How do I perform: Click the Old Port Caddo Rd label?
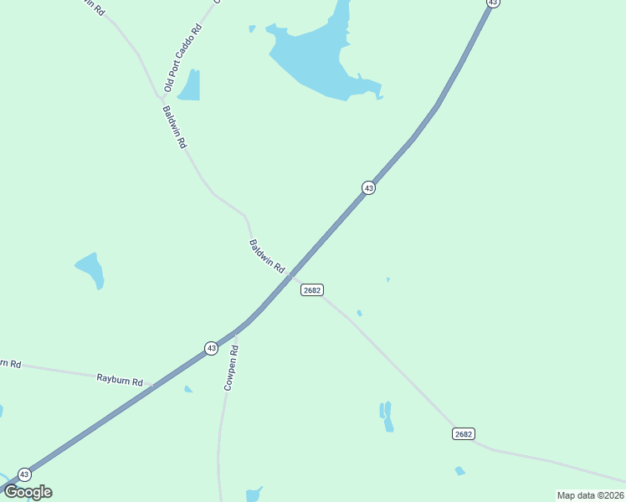pos(183,58)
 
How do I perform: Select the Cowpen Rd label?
pos(232,368)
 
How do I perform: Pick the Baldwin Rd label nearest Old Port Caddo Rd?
pos(175,127)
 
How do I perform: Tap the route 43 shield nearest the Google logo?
pos(24,474)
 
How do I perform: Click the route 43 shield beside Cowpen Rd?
pos(211,347)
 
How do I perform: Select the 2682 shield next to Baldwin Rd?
pos(312,289)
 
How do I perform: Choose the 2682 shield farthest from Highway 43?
pos(464,433)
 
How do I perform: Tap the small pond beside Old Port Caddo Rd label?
pos(191,86)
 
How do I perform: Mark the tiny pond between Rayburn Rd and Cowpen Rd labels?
pos(188,389)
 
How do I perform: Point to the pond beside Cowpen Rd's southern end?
pos(254,493)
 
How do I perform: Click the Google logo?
pos(28,492)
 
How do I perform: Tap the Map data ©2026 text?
pos(590,495)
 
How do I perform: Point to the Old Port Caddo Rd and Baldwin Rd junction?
pos(162,98)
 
